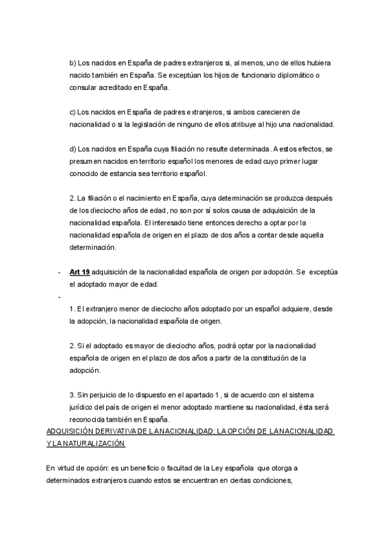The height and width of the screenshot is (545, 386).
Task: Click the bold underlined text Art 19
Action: [x=80, y=272]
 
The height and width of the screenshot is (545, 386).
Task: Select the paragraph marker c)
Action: [x=73, y=112]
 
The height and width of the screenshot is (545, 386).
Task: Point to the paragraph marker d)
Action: [x=73, y=149]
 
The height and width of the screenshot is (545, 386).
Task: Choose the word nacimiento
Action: [x=131, y=199]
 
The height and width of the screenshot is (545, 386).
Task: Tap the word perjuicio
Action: [x=102, y=395]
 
